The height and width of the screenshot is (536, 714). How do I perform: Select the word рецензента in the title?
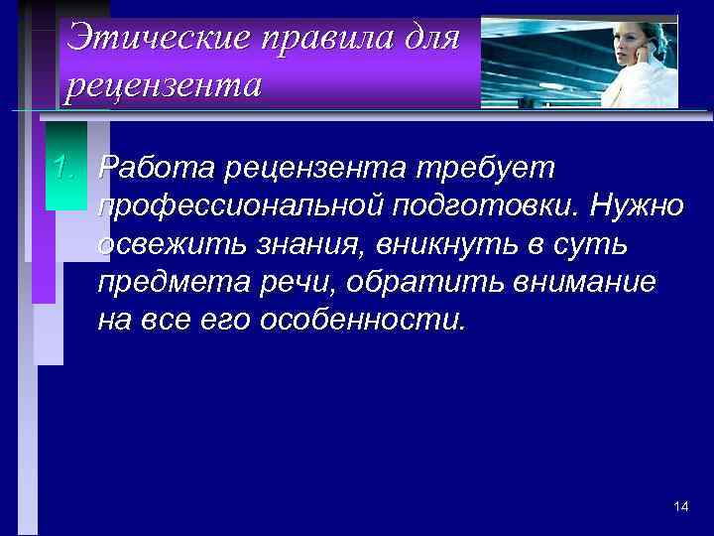(164, 85)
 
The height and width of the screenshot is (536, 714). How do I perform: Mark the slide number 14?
(680, 506)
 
